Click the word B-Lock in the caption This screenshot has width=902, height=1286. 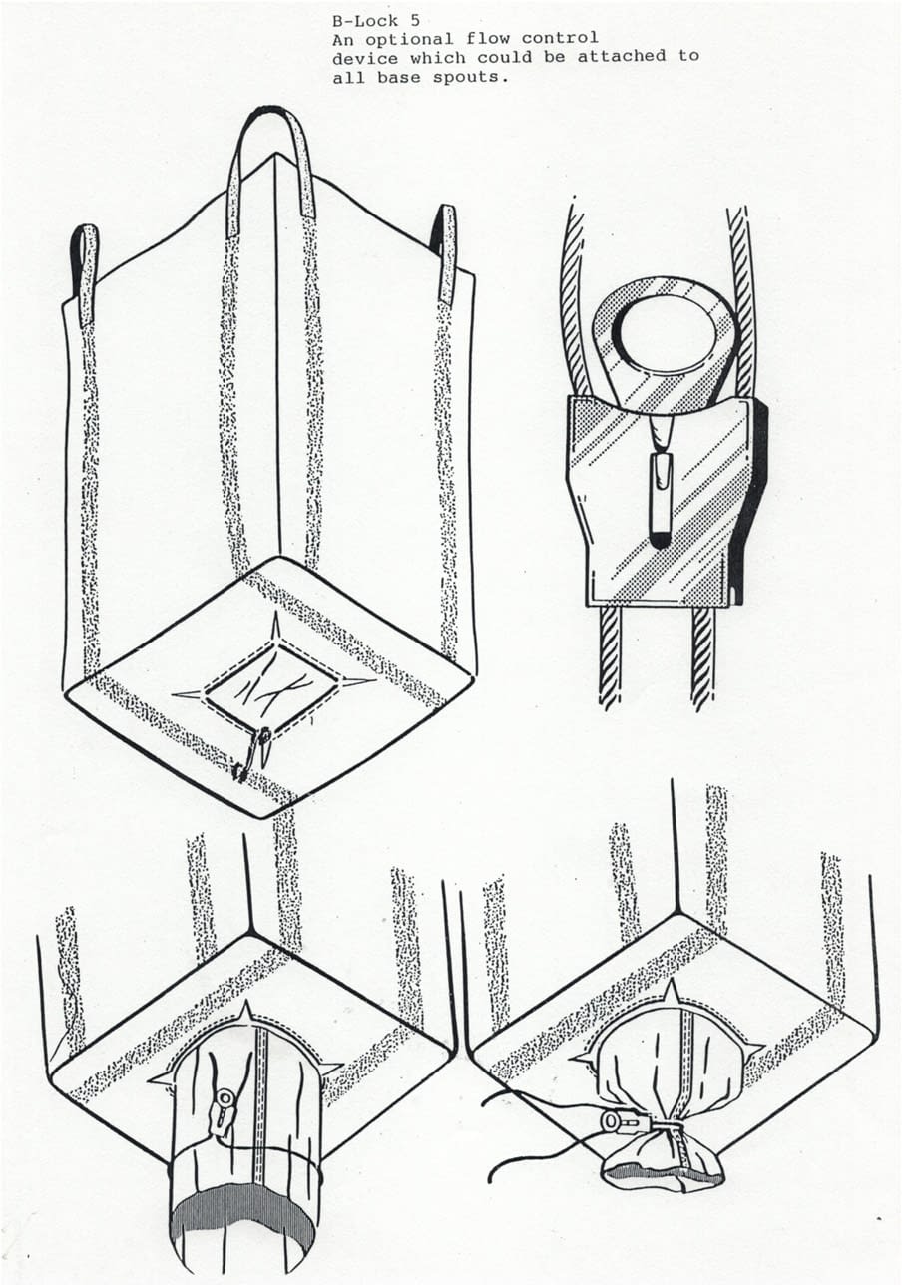click(365, 21)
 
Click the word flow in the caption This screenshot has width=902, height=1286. click(487, 39)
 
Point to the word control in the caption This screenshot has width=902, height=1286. click(560, 39)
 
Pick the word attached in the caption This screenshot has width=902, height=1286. click(622, 56)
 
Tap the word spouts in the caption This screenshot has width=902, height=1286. click(470, 78)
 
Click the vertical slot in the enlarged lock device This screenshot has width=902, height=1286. click(662, 498)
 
